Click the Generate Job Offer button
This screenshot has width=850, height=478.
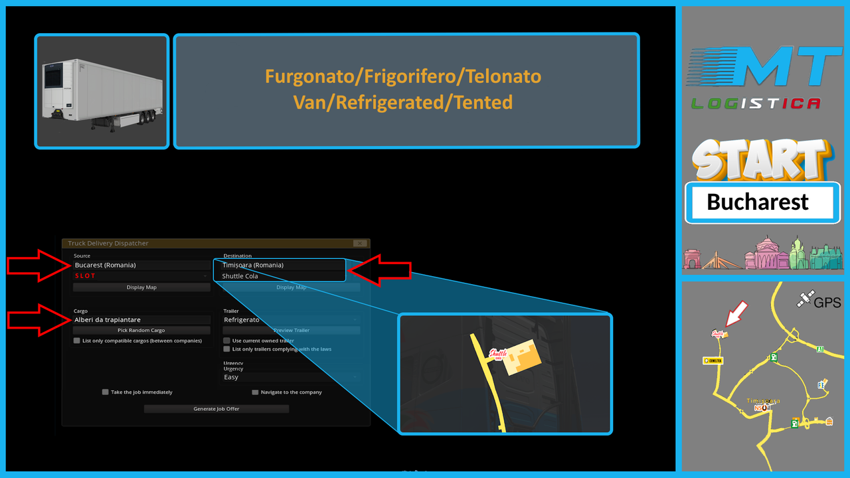(216, 409)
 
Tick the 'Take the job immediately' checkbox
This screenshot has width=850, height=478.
(105, 392)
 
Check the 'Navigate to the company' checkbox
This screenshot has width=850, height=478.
(255, 392)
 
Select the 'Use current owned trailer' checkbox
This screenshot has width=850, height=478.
(227, 341)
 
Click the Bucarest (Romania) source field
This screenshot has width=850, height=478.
(141, 265)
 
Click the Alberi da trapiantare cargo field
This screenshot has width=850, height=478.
(141, 320)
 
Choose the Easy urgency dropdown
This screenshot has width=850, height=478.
(291, 377)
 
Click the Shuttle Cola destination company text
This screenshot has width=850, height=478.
(240, 276)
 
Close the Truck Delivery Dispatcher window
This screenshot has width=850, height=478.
(360, 244)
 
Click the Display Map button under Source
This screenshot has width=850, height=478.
(141, 287)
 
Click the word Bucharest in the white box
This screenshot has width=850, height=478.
(758, 202)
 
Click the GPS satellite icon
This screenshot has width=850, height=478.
(805, 301)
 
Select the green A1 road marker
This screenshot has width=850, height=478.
(821, 348)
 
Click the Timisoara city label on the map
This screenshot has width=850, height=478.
(763, 401)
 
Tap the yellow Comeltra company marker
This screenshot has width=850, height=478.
(713, 360)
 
